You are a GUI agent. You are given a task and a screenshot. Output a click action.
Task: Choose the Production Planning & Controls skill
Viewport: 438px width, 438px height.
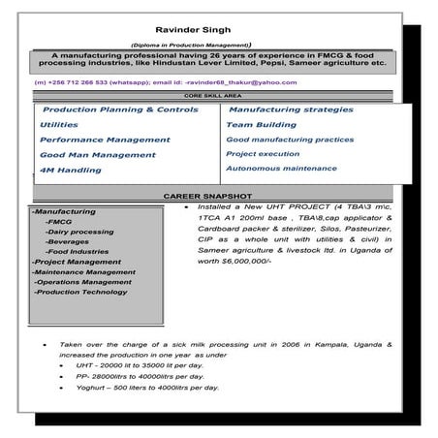point(120,110)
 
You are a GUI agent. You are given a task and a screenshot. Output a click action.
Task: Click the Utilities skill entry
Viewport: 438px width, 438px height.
point(60,125)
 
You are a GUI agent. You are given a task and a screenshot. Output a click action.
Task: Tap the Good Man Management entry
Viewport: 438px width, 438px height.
point(98,155)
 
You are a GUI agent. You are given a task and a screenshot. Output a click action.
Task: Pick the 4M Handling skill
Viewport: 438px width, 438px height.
point(71,171)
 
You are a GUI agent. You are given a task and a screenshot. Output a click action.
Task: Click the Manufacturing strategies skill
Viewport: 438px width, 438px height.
point(283,110)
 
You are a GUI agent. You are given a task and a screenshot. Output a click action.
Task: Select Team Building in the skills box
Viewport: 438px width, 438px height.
point(261,125)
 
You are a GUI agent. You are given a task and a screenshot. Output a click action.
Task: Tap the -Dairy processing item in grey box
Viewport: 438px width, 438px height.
point(79,232)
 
